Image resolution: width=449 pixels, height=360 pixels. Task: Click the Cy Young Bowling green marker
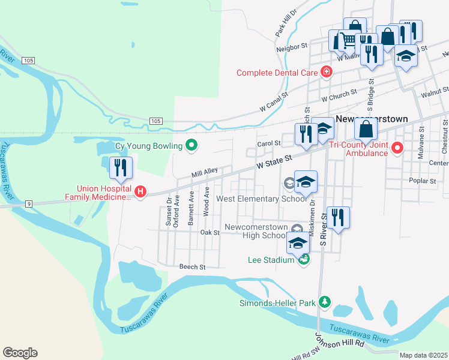point(191,145)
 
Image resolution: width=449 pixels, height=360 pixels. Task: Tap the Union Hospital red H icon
point(140,192)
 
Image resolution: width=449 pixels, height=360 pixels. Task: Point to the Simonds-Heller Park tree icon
point(325,302)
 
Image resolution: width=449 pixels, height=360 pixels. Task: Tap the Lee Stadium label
point(271,260)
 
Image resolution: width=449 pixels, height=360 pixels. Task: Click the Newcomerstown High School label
point(255,232)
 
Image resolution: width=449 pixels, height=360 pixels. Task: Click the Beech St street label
point(192,266)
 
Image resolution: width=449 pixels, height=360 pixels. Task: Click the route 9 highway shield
point(28,204)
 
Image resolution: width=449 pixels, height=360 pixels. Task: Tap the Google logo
point(20,353)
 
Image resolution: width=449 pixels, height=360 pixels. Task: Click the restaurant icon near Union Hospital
point(121,167)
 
